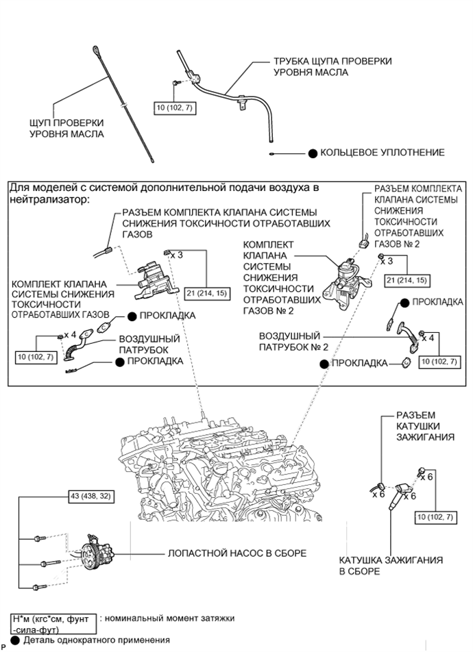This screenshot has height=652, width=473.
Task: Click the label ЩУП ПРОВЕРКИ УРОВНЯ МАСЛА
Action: (x=67, y=127)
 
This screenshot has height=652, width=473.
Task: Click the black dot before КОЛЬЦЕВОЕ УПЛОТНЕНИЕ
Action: (x=312, y=153)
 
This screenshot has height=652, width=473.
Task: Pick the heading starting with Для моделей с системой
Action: (x=165, y=192)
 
